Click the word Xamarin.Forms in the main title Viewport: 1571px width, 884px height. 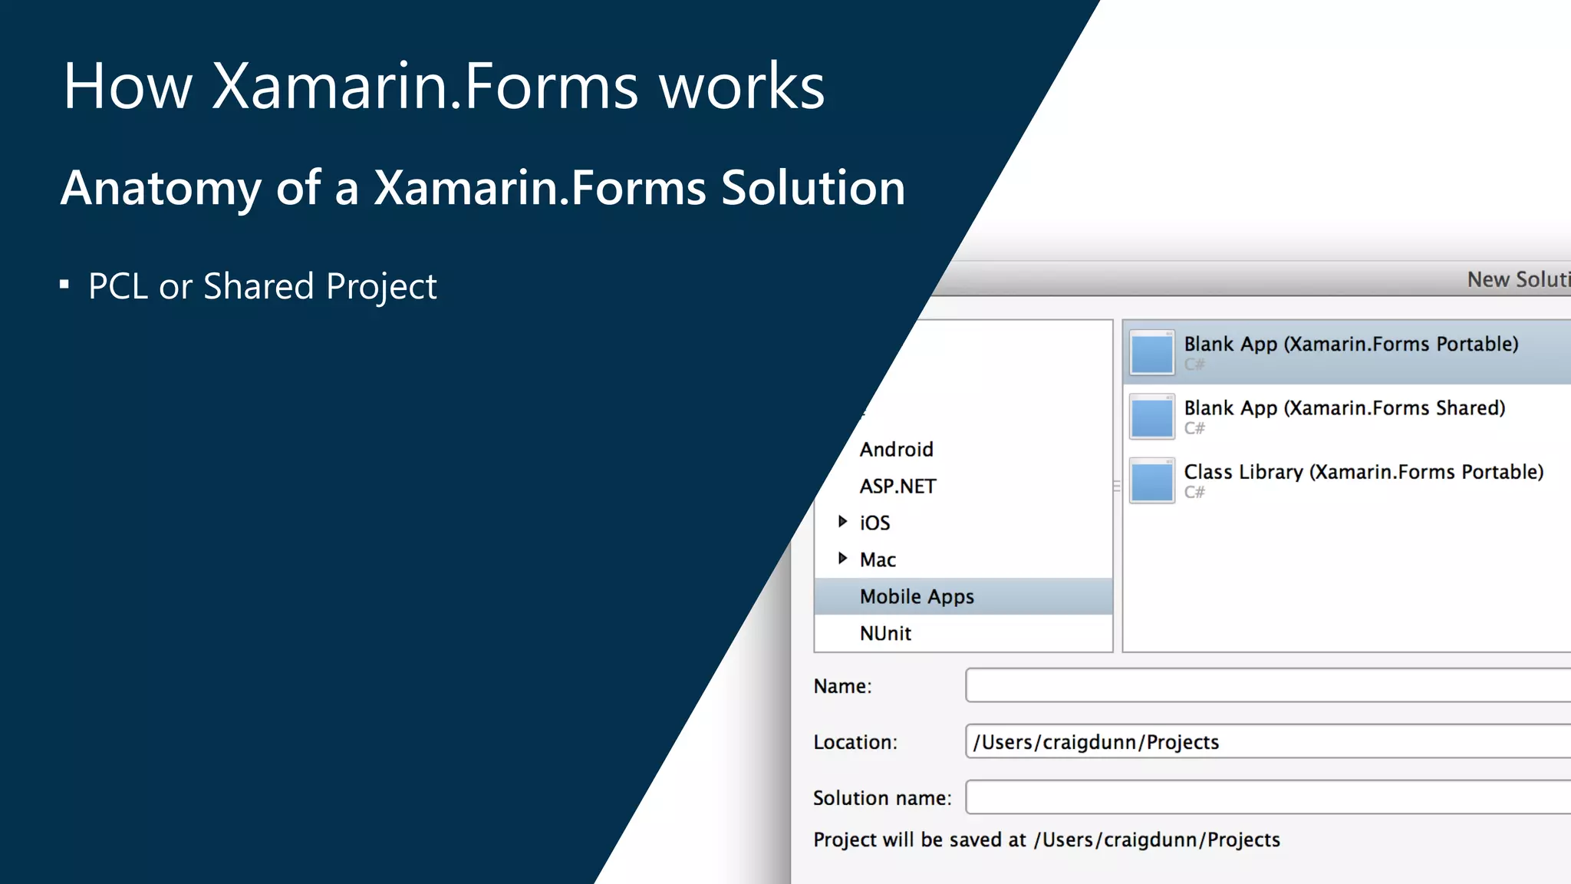coord(424,86)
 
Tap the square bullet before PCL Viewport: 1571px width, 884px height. coord(64,285)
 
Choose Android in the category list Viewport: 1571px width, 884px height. coord(896,449)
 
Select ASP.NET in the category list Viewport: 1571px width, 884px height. coord(897,486)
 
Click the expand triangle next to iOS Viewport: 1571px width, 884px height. coord(842,522)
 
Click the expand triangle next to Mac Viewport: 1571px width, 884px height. coord(842,559)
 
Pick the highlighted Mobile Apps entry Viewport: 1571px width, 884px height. coord(917,596)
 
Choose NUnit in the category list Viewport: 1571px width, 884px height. coord(885,633)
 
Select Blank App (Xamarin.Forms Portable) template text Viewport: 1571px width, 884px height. coord(1350,344)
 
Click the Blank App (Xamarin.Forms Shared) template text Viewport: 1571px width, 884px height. coord(1344,407)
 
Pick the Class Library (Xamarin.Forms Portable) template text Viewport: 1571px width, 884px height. coord(1363,471)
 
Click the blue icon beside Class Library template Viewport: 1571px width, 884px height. coord(1151,481)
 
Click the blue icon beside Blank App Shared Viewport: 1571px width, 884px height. coord(1151,417)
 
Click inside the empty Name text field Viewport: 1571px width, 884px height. coord(1266,685)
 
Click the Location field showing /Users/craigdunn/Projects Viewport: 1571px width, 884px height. coord(1266,741)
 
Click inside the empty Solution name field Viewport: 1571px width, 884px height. coord(1266,797)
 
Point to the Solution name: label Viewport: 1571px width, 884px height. coord(881,798)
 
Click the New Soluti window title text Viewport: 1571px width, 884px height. coord(1517,279)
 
